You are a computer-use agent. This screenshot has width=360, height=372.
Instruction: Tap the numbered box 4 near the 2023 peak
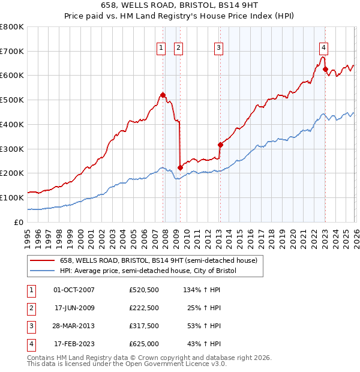(x=323, y=48)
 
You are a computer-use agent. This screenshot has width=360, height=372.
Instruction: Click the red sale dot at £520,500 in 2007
(x=163, y=95)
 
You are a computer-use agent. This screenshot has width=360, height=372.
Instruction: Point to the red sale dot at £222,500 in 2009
(x=180, y=167)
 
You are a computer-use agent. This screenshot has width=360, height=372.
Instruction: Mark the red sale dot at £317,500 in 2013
(x=220, y=145)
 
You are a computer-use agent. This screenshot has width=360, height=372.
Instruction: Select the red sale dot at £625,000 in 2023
(x=325, y=70)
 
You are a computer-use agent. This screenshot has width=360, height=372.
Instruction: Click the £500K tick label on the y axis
(x=12, y=100)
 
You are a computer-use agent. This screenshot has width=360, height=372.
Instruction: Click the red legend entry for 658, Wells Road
(x=158, y=260)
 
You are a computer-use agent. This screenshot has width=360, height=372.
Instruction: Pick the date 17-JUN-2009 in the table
(x=76, y=307)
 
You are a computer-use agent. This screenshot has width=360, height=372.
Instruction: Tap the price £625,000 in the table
(x=144, y=344)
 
